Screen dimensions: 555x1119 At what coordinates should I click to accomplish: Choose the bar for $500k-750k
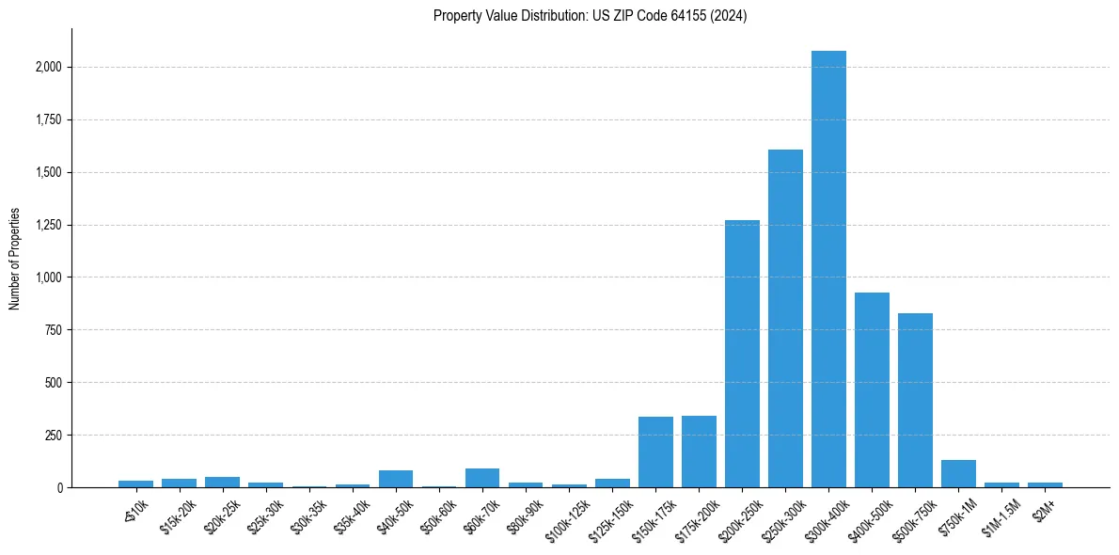pyautogui.click(x=915, y=400)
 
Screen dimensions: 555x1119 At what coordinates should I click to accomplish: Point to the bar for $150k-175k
pyautogui.click(x=655, y=452)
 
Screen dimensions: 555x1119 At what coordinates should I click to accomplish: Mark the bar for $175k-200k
pyautogui.click(x=699, y=452)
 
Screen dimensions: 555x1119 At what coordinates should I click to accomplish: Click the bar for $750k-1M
pyautogui.click(x=958, y=473)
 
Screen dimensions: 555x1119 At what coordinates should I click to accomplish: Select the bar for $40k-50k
pyautogui.click(x=396, y=479)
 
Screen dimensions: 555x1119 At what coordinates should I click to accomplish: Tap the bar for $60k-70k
pyautogui.click(x=482, y=478)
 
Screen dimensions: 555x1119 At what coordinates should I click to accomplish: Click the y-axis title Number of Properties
pyautogui.click(x=15, y=259)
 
